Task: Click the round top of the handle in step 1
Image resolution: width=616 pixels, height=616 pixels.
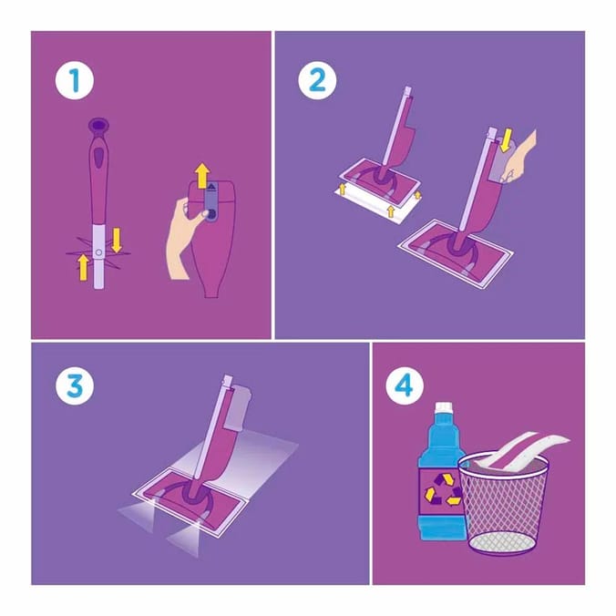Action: (x=97, y=126)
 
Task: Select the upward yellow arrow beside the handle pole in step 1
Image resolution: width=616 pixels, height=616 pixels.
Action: (x=83, y=266)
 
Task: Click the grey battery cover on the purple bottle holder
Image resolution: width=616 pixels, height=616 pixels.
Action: (x=210, y=200)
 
